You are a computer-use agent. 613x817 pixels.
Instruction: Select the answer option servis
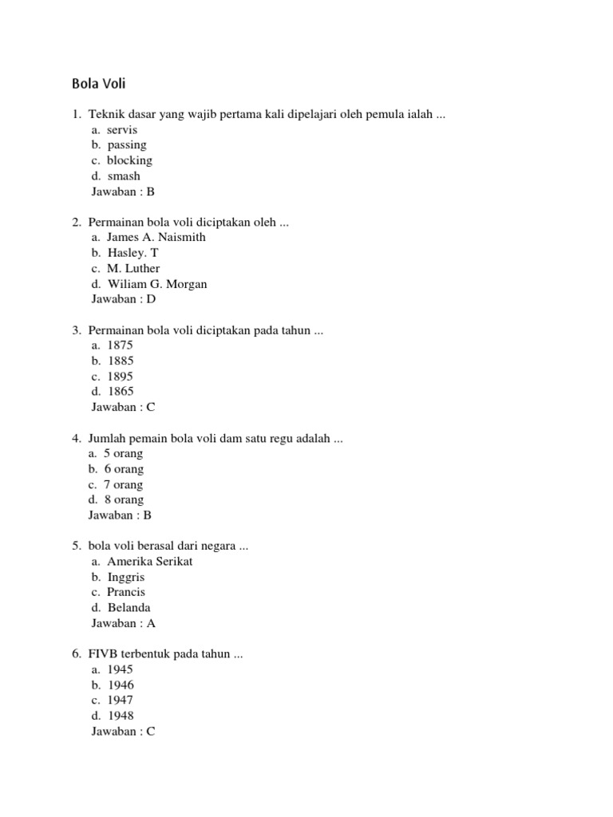(122, 129)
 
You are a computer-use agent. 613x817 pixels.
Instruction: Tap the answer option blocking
(129, 160)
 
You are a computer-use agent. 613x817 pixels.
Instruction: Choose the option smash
(124, 176)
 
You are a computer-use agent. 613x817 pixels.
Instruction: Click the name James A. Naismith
(156, 237)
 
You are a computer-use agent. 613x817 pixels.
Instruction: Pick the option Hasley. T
(133, 253)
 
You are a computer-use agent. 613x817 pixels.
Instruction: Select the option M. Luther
(133, 268)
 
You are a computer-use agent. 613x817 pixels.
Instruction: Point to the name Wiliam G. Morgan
(156, 284)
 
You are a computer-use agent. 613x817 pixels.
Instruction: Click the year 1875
(120, 345)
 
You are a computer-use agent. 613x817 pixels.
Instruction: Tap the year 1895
(120, 377)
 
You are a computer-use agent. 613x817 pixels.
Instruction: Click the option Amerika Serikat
(150, 562)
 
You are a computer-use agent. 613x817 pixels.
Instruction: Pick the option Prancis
(126, 593)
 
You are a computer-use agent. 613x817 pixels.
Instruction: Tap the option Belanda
(129, 608)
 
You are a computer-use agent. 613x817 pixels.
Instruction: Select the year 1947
(120, 701)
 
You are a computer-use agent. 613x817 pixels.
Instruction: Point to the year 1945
(120, 670)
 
